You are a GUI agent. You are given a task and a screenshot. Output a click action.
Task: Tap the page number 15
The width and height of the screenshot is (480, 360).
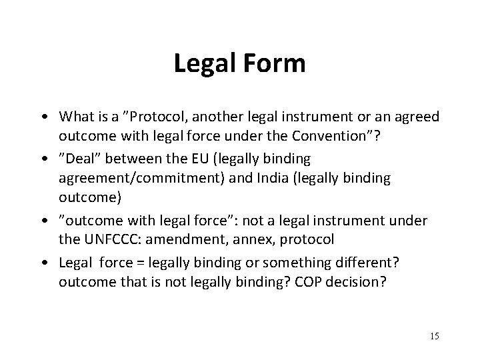pyautogui.click(x=434, y=335)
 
